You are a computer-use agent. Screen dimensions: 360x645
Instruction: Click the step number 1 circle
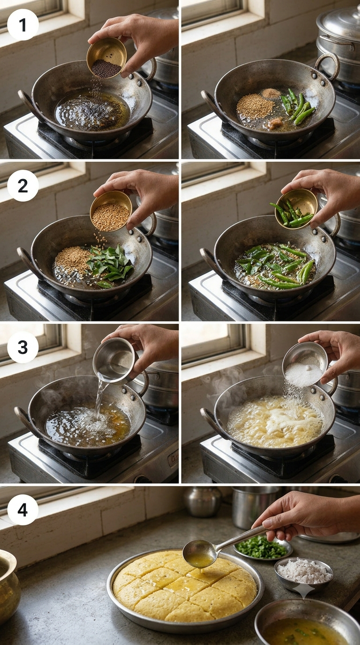[x=23, y=24]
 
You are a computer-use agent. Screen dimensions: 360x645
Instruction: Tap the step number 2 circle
[x=23, y=186]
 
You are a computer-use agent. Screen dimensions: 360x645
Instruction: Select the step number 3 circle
[x=23, y=347]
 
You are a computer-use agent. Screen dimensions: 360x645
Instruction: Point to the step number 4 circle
[x=23, y=510]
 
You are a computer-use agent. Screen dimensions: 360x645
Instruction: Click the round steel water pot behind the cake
[x=202, y=502]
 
